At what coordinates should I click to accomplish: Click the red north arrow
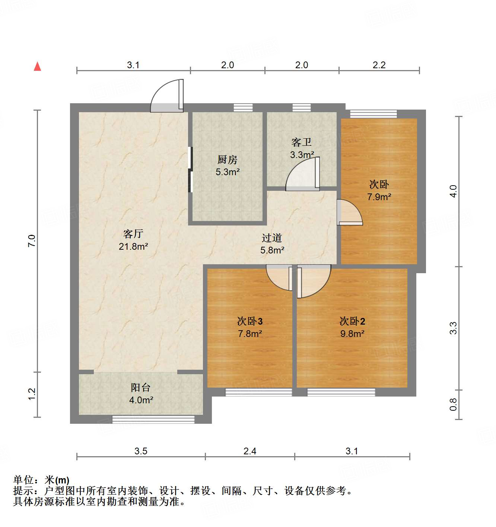[38, 66]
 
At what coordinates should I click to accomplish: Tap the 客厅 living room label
[133, 234]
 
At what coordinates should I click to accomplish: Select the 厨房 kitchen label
[227, 160]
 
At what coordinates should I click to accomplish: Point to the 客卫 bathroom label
[301, 142]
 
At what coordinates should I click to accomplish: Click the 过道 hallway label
[272, 238]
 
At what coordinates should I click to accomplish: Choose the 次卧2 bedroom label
[352, 321]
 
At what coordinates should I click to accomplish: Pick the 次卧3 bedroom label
[250, 321]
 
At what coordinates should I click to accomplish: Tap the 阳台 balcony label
[140, 388]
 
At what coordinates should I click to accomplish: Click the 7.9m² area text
[379, 197]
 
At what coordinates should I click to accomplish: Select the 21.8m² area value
[133, 246]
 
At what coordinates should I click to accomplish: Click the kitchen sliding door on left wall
[191, 170]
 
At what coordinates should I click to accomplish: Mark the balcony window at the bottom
[153, 419]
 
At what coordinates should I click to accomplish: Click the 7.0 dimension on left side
[32, 241]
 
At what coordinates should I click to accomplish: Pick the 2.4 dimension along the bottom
[249, 451]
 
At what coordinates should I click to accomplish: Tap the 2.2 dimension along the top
[379, 65]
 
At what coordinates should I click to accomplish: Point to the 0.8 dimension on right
[453, 404]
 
